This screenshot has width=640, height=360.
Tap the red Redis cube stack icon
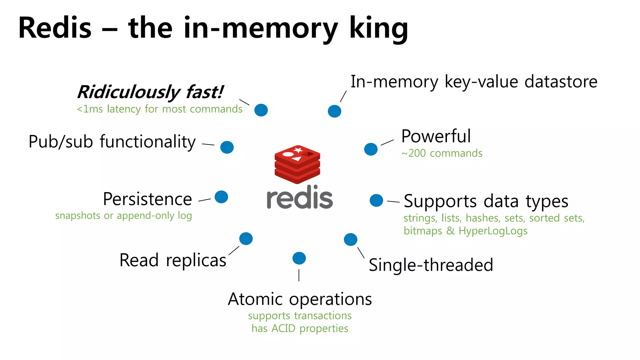coord(297,164)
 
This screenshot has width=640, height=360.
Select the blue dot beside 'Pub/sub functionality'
coord(227,147)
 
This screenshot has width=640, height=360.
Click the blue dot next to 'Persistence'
coord(221,197)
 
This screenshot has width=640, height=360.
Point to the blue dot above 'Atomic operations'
coord(299,258)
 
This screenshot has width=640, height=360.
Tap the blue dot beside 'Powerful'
coord(371,149)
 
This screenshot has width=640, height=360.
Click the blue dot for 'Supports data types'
coord(376,200)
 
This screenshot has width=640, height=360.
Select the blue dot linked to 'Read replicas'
coord(246,239)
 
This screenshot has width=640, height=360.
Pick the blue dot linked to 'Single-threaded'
coord(350,239)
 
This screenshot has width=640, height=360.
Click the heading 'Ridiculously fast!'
coord(150,92)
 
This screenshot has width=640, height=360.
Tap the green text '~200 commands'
coord(442,153)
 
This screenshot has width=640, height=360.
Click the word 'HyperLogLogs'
coord(493,231)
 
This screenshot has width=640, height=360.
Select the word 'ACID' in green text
coord(283,328)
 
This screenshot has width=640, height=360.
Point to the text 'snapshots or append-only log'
coord(123,216)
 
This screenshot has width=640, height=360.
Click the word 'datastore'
coord(561,82)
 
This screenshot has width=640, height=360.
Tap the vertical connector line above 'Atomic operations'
coord(299,275)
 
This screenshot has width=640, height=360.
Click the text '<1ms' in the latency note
coord(90,109)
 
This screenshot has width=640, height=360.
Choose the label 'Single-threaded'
coord(431,265)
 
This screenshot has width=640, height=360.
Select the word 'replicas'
coord(196,261)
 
